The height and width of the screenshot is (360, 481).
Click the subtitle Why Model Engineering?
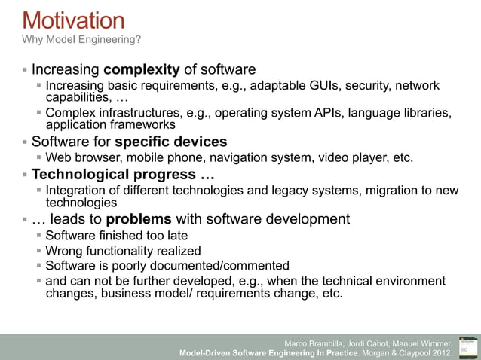[x=81, y=39]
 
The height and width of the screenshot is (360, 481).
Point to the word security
[x=365, y=86]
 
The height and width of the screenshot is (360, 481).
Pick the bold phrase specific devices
[x=170, y=142]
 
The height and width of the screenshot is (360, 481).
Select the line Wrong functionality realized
[x=123, y=251]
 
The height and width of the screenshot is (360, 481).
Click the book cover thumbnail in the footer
[x=467, y=345]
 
